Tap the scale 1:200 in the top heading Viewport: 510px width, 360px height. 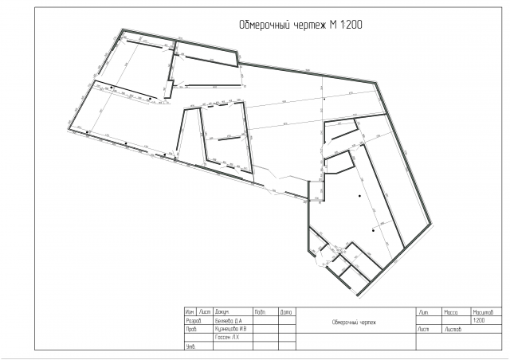350,25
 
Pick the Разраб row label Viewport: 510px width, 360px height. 194,319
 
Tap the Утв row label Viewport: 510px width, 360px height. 190,346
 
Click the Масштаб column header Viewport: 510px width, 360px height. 484,311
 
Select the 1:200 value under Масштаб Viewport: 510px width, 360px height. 479,320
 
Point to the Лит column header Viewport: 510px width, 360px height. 425,311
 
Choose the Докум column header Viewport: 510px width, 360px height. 222,311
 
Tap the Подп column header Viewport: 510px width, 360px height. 260,311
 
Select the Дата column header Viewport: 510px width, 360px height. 286,311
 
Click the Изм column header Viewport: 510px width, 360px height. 190,311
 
